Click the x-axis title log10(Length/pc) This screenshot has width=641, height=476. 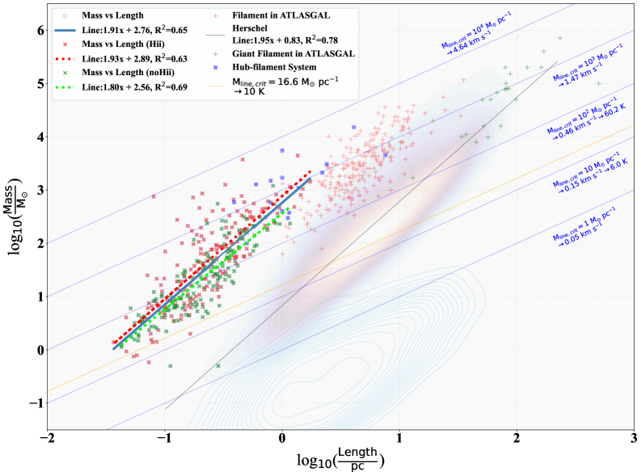[340, 460]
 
